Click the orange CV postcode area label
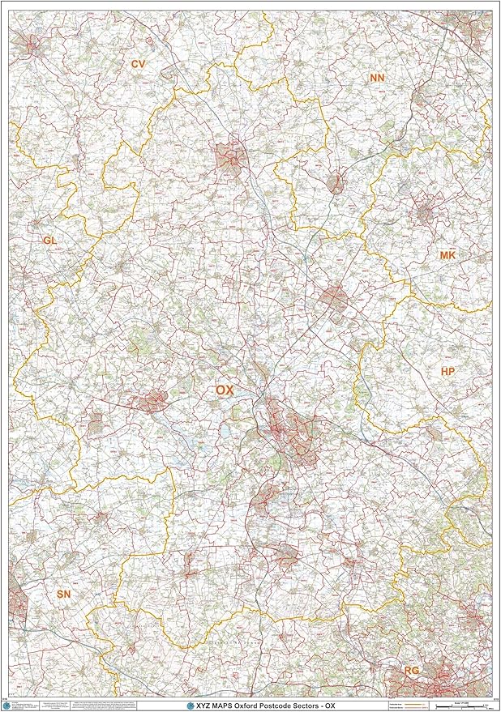(x=138, y=62)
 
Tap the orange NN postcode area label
(x=377, y=78)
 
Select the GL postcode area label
(x=50, y=241)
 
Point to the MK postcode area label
(x=447, y=255)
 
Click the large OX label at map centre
(x=225, y=390)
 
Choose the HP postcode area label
(x=447, y=371)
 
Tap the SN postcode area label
(x=64, y=595)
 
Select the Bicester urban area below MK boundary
(x=334, y=297)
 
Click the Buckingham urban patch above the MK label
(x=424, y=215)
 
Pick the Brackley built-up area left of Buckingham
(x=336, y=182)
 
